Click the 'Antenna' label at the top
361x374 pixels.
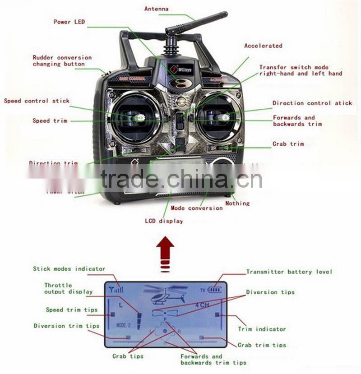point(156,9)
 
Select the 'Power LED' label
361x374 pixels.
point(69,22)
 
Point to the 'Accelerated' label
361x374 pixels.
point(263,46)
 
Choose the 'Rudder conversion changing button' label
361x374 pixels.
point(62,61)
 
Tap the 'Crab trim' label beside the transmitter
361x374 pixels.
point(288,144)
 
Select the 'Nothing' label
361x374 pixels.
point(237,203)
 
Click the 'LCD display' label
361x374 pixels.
point(164,221)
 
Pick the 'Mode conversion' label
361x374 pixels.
point(196,208)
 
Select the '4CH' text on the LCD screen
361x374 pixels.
point(202,305)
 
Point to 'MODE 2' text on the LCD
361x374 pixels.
point(123,325)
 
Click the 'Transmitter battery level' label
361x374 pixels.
point(289,272)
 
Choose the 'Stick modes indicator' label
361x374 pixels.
point(69,268)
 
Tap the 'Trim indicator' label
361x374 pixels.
point(262,329)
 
